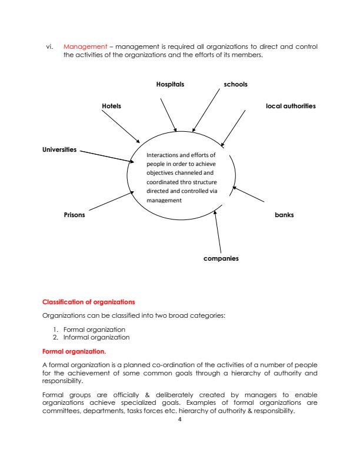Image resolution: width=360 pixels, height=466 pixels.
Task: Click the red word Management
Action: [81, 46]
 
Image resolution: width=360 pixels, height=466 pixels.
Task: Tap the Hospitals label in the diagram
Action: [170, 84]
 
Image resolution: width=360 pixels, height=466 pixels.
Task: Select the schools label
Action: [235, 84]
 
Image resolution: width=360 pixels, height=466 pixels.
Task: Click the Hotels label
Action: [111, 106]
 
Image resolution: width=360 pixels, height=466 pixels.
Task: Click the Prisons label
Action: [74, 215]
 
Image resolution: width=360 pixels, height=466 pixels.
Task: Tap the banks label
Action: [284, 215]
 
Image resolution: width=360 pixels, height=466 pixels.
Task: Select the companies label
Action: [221, 258]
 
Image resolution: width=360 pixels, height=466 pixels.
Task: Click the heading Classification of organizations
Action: [88, 302]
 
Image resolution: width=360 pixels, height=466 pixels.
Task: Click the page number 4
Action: [180, 418]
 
